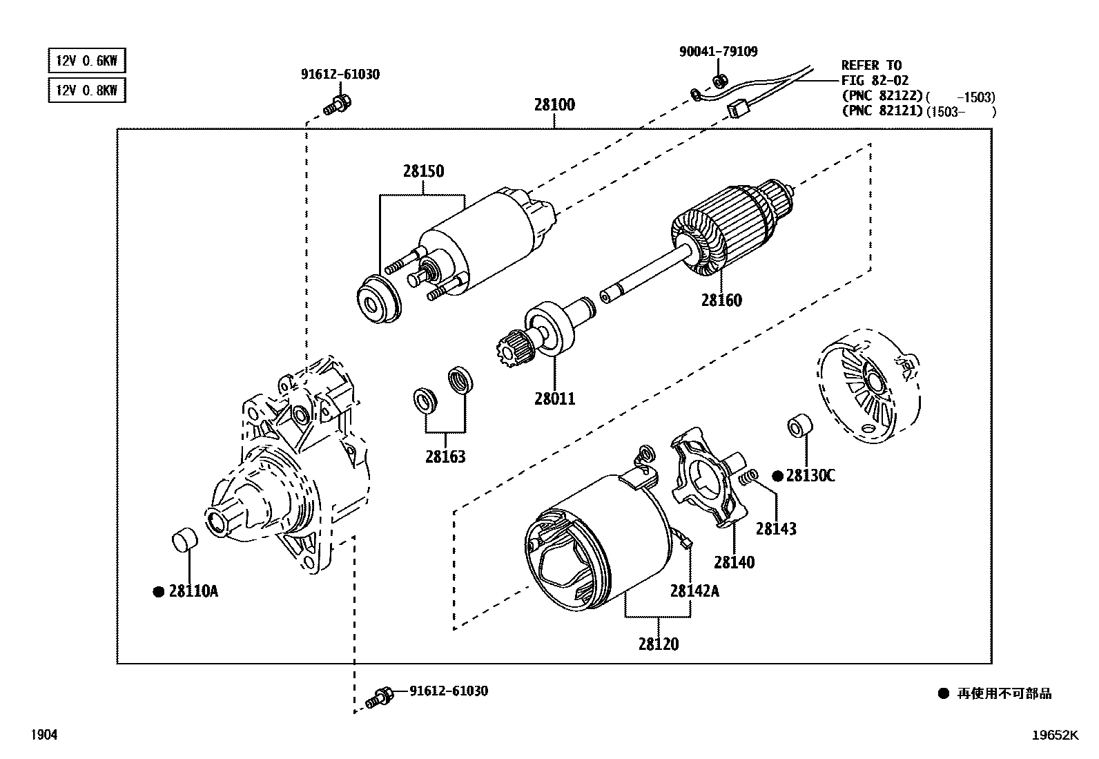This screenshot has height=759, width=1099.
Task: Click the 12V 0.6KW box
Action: pyautogui.click(x=87, y=61)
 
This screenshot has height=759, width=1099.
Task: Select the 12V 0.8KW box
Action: pyautogui.click(x=87, y=90)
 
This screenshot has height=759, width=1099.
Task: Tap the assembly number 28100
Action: pyautogui.click(x=554, y=105)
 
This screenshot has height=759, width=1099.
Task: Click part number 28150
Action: pyautogui.click(x=423, y=171)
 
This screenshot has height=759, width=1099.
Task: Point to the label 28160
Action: pyautogui.click(x=721, y=300)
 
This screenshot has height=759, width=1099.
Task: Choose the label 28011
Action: pyautogui.click(x=554, y=398)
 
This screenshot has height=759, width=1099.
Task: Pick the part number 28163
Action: pyautogui.click(x=445, y=457)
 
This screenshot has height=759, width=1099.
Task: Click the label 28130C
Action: pyautogui.click(x=810, y=476)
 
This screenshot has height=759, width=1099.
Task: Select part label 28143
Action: pyautogui.click(x=776, y=529)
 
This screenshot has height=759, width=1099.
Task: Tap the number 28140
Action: pyautogui.click(x=735, y=562)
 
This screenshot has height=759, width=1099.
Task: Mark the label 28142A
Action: pyautogui.click(x=694, y=591)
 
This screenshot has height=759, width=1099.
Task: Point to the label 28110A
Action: pyautogui.click(x=193, y=591)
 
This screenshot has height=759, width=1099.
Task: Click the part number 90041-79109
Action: pyautogui.click(x=718, y=51)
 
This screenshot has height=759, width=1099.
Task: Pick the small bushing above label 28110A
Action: pyautogui.click(x=184, y=539)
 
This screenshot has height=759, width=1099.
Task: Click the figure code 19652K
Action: pyautogui.click(x=1054, y=736)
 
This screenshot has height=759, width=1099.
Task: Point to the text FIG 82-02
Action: pyautogui.click(x=875, y=81)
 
